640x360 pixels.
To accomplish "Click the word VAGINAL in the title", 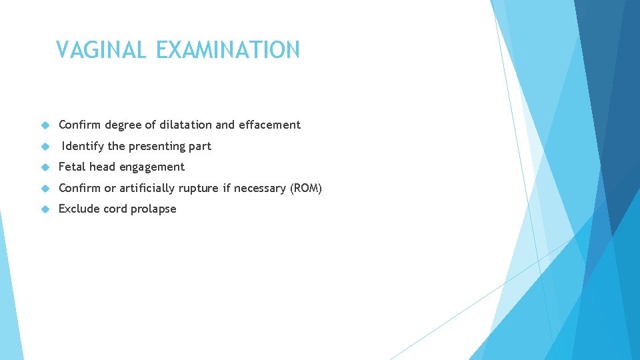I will coord(103,50).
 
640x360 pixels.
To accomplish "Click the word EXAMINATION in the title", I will coord(228,50).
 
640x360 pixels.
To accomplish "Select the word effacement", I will coord(269,125).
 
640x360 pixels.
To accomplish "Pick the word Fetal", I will coord(72,167).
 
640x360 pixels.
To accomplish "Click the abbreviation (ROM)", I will coord(306,188).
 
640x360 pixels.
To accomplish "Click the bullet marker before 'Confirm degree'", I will coord(45,125).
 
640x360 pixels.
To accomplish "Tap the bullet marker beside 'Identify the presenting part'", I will coord(45,146).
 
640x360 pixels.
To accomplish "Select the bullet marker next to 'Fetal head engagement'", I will coord(45,167).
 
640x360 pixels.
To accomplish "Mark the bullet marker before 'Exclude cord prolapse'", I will coord(45,209).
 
